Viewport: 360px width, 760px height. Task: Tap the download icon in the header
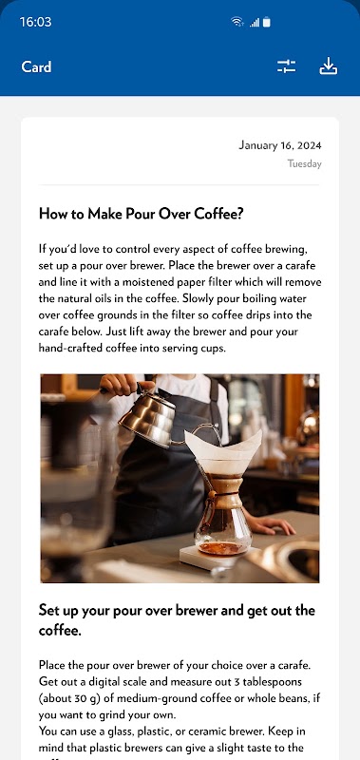[328, 66]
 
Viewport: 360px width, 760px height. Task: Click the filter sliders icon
[286, 66]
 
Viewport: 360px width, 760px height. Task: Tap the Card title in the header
[36, 66]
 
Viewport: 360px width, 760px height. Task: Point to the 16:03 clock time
[35, 22]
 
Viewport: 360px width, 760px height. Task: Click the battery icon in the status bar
[267, 22]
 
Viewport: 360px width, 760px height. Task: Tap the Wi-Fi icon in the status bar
[237, 22]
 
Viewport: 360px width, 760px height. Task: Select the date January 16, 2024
[280, 145]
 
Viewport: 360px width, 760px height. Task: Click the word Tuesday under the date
[304, 163]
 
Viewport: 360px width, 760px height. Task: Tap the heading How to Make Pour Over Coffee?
[141, 214]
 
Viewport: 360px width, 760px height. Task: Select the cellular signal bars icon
[255, 22]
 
